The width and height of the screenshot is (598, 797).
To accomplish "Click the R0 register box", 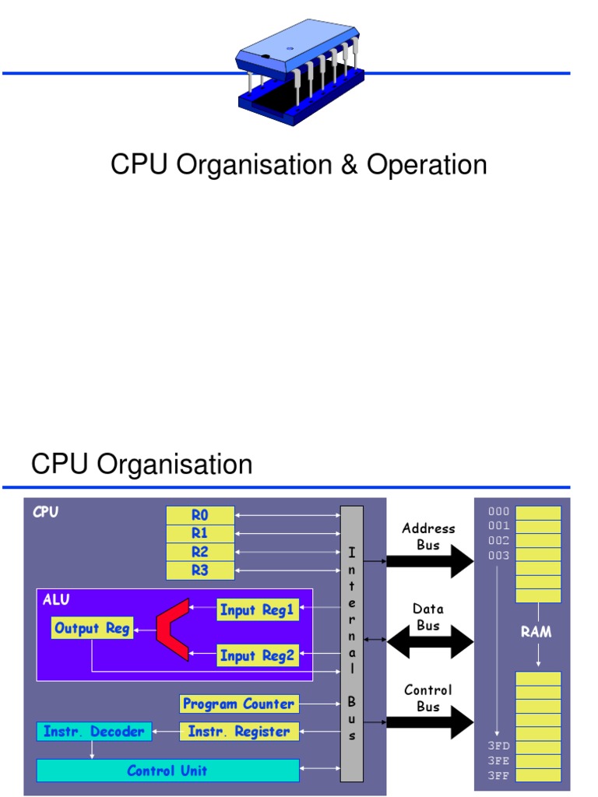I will click(x=200, y=514).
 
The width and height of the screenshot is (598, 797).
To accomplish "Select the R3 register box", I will click(x=200, y=571).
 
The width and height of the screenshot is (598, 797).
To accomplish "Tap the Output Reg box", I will click(x=92, y=628).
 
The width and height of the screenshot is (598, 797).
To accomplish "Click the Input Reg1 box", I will click(x=257, y=609).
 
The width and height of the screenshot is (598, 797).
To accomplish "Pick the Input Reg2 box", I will click(x=257, y=655).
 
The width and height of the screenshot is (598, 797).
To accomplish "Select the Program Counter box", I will click(x=239, y=704).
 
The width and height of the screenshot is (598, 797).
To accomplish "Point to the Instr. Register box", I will click(x=239, y=732).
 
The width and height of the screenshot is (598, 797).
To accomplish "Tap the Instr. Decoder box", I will click(x=93, y=732).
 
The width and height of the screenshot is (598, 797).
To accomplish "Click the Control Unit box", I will click(x=167, y=771).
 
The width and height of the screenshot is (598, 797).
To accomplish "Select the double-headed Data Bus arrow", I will click(x=430, y=642).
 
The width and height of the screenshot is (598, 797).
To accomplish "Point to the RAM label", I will click(x=536, y=632).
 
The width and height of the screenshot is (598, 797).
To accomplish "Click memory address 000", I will click(x=499, y=511).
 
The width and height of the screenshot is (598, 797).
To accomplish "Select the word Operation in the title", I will click(x=427, y=165).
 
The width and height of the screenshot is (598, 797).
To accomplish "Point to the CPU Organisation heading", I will click(x=142, y=465).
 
